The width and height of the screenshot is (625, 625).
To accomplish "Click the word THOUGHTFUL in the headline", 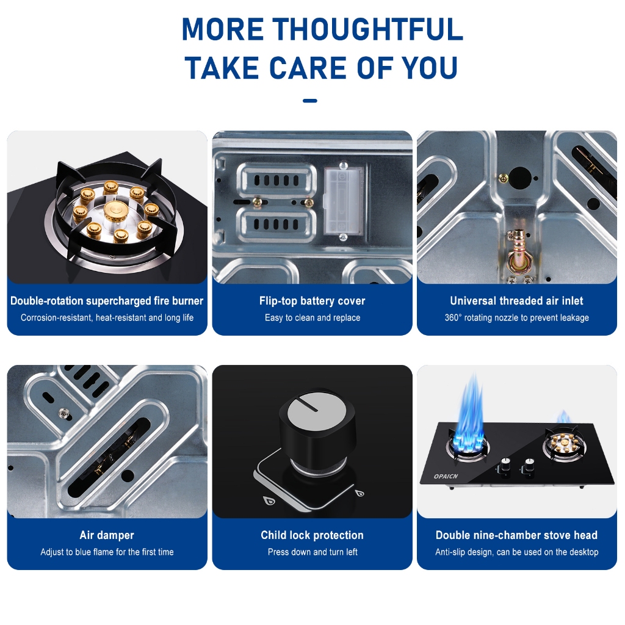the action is click(367, 29).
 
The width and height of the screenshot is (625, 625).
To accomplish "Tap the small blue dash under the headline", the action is click(310, 101).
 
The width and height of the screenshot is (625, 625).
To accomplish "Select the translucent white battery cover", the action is click(343, 201).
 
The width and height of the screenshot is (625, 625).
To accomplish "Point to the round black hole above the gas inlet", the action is click(520, 178).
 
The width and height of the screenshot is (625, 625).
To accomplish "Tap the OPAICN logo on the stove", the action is click(446, 476).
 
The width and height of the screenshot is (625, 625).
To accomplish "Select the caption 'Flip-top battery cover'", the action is click(312, 300).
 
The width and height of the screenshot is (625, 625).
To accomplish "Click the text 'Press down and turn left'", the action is click(312, 552).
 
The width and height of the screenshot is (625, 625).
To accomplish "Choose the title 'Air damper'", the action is click(107, 535).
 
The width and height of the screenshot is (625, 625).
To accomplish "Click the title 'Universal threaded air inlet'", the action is click(516, 300).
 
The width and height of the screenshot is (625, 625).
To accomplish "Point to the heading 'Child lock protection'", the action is click(312, 535).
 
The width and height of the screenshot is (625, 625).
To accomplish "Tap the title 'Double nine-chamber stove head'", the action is click(516, 535).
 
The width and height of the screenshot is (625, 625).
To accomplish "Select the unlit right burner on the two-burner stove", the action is click(561, 444).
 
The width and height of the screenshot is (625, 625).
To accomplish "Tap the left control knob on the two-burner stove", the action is click(505, 464).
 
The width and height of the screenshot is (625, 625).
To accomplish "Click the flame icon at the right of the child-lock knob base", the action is click(359, 493).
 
